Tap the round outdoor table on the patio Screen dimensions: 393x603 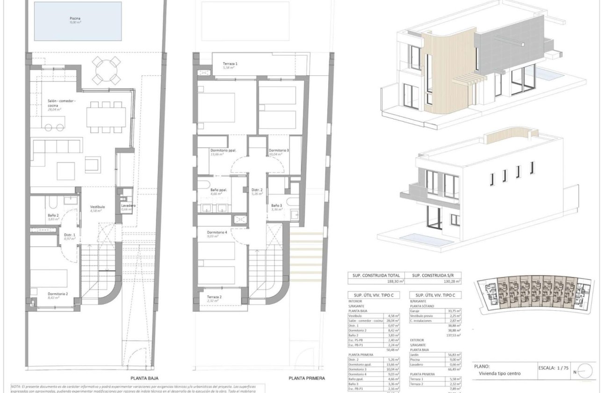(x=108, y=69)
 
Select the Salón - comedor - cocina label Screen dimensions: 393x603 (x=61, y=103)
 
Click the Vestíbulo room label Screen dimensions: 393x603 (x=98, y=206)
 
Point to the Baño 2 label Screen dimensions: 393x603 (x=53, y=215)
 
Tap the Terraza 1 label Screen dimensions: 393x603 (x=230, y=64)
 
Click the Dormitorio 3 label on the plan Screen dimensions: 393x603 (x=279, y=151)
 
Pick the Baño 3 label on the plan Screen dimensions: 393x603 (x=277, y=205)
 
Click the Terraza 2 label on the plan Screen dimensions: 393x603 (x=215, y=297)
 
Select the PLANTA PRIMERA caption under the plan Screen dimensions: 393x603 (x=307, y=378)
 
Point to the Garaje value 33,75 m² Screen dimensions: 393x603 (x=454, y=311)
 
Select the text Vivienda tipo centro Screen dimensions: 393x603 (x=499, y=373)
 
